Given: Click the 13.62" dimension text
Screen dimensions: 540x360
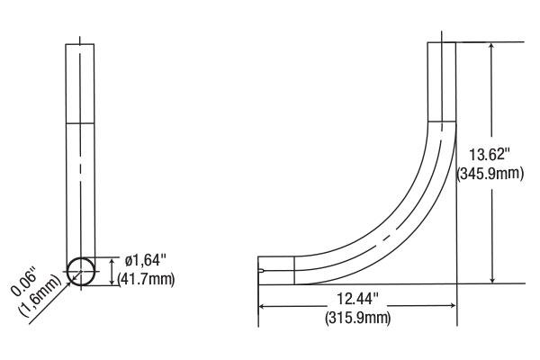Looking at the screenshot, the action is point(490,154).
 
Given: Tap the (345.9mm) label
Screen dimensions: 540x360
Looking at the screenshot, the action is point(490,174).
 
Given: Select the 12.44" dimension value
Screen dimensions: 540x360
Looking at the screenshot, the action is point(358,299).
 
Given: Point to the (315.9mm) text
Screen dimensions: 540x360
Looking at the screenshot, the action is point(358,318).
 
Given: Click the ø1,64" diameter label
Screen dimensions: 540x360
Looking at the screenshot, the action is point(146,260).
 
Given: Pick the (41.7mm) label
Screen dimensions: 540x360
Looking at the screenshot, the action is point(147,279).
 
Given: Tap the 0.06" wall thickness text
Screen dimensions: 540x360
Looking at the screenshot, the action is point(24,281).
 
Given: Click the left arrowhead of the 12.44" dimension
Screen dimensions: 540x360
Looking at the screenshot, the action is point(262,306).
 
